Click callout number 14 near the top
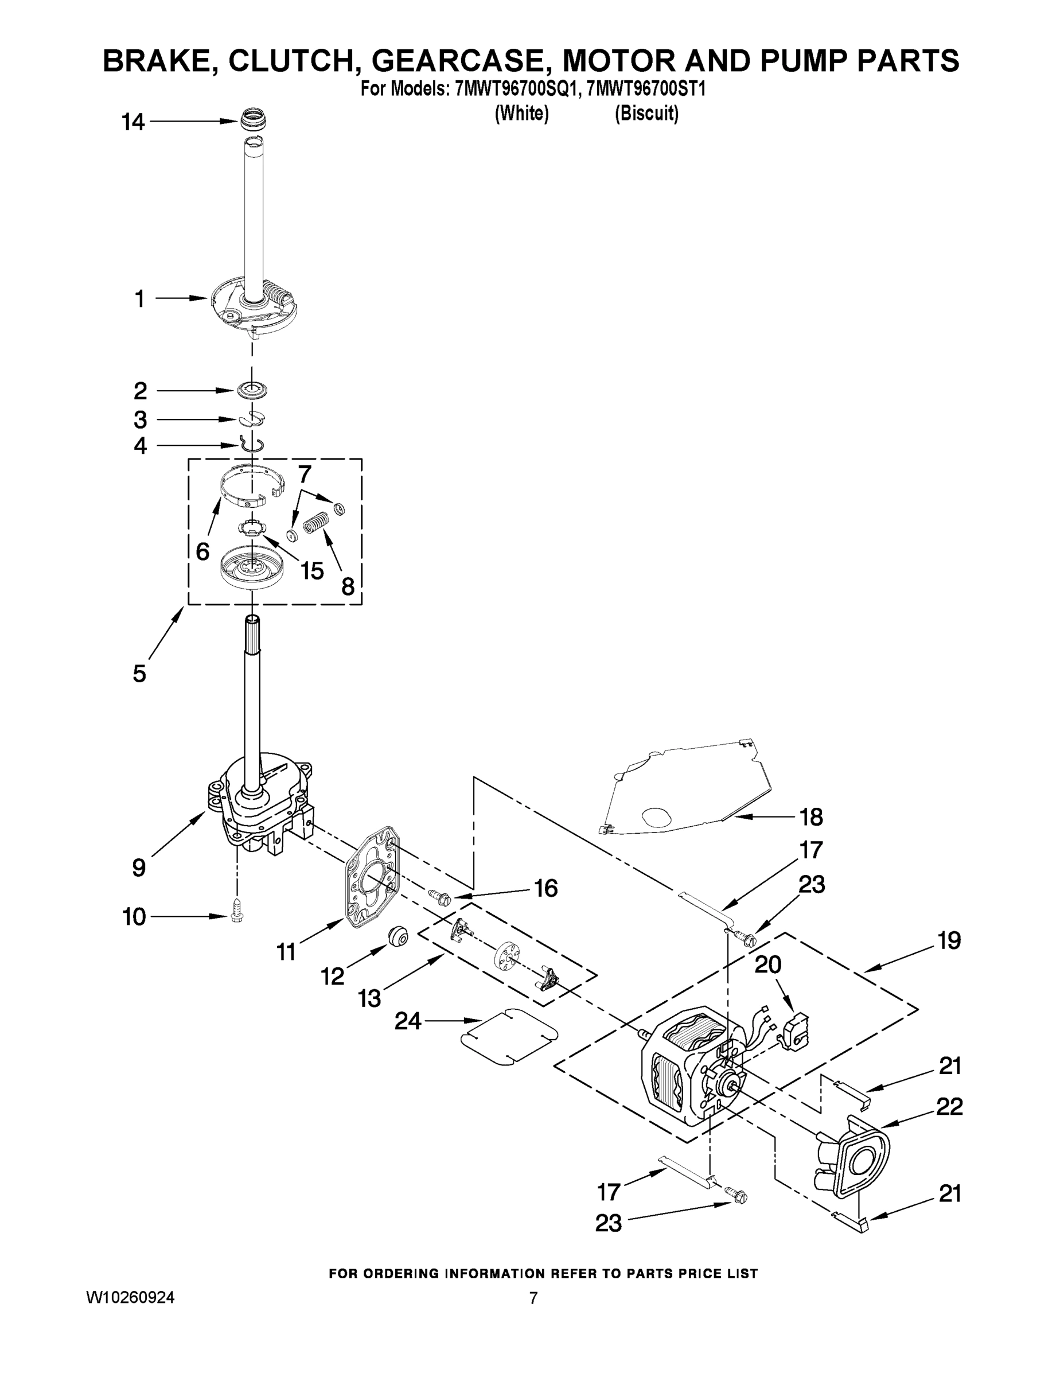pyautogui.click(x=133, y=122)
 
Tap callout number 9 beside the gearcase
pyautogui.click(x=139, y=868)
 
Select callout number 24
pyautogui.click(x=408, y=1021)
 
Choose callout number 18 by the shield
pyautogui.click(x=811, y=817)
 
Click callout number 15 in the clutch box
pyautogui.click(x=312, y=571)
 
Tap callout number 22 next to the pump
pyautogui.click(x=949, y=1107)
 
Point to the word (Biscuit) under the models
pyautogui.click(x=647, y=114)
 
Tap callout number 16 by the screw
pyautogui.click(x=546, y=888)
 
